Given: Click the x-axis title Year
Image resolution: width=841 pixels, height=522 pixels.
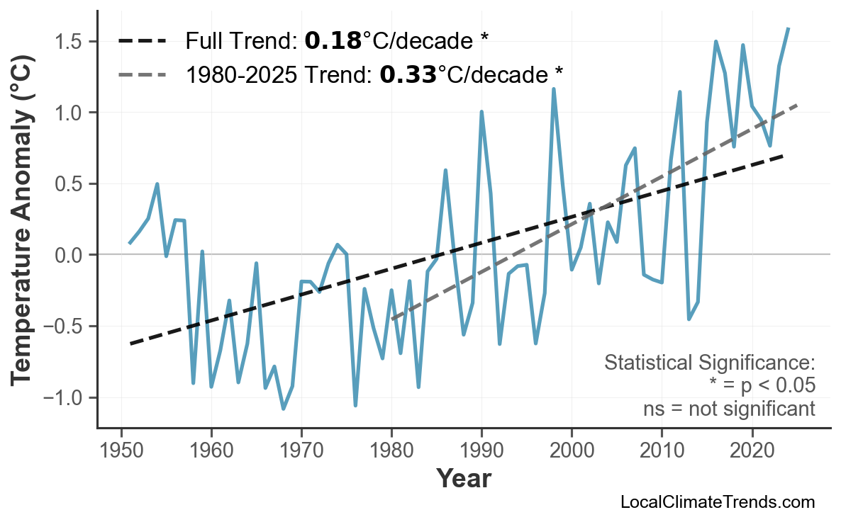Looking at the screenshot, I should click(463, 479).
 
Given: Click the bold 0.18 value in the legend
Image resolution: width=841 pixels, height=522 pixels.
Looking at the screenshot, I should click(333, 41).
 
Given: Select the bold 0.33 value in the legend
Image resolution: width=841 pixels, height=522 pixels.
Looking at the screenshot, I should click(408, 74).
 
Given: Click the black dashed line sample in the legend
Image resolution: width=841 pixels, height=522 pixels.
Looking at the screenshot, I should click(142, 41).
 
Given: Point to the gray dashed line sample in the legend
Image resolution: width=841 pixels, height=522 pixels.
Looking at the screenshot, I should click(142, 74).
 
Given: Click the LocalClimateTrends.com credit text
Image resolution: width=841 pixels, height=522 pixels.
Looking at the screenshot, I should click(717, 502).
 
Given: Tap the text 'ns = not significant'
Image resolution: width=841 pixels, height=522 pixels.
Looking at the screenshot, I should click(729, 409).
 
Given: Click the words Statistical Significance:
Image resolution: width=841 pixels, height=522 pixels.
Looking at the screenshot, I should click(709, 363).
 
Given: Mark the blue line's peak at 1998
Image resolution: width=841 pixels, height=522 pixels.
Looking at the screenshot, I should click(554, 89).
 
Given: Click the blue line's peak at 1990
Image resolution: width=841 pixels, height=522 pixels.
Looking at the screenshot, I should click(481, 112).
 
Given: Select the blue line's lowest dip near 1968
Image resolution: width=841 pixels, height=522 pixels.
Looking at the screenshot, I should click(284, 409).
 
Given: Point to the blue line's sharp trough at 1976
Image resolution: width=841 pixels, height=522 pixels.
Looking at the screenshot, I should click(355, 405).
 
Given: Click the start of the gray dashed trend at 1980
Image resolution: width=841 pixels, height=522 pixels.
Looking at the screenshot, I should click(392, 319).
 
